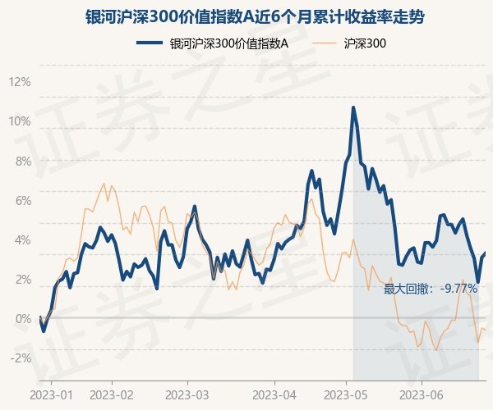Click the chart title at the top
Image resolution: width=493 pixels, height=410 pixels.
(x=246, y=16)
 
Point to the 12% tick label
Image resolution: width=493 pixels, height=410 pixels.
(x=19, y=82)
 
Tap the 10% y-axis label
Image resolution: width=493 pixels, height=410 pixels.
(x=19, y=121)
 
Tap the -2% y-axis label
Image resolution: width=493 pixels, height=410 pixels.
(x=20, y=358)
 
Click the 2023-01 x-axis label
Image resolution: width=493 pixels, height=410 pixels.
(x=51, y=394)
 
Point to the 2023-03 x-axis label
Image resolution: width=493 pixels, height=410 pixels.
(x=187, y=394)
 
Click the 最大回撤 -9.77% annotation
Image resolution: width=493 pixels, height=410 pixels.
(x=430, y=289)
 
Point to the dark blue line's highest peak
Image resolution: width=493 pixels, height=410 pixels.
(x=353, y=107)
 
